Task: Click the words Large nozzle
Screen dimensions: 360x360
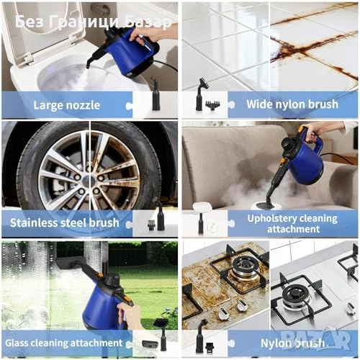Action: coord(67,105)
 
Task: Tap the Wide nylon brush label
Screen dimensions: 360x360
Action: coord(292,104)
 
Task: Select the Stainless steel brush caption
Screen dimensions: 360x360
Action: coord(65,223)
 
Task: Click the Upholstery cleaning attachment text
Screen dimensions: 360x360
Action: coord(292,224)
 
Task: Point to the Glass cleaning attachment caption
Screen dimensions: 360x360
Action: coord(64,343)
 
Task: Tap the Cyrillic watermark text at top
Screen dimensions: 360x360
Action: coord(94,22)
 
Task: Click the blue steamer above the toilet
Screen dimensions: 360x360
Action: coord(127,54)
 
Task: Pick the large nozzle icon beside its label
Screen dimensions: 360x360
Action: coord(156,95)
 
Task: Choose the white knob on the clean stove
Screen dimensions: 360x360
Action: coord(351,308)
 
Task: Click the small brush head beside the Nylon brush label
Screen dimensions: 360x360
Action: coord(209,346)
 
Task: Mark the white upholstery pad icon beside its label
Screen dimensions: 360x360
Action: coord(201,207)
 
